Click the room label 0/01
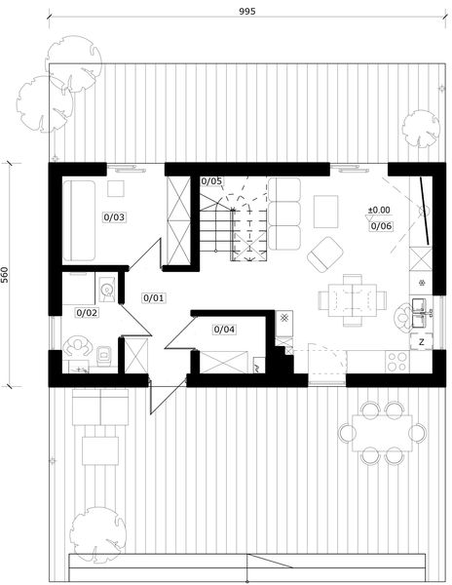[x=154, y=297]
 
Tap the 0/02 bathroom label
[x=87, y=313]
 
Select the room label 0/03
[x=114, y=217]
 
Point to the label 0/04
[x=223, y=330]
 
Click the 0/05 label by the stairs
[x=211, y=181]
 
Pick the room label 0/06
[x=381, y=226]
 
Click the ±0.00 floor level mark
[x=378, y=210]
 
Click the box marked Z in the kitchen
[x=422, y=342]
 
